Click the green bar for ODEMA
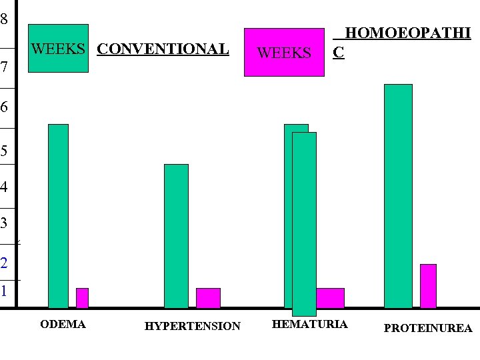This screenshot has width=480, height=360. (x=58, y=216)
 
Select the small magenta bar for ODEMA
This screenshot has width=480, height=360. (x=82, y=298)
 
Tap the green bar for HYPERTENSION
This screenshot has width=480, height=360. (x=176, y=236)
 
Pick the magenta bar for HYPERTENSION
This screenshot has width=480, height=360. (x=208, y=298)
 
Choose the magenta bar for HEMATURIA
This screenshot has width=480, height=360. (x=330, y=298)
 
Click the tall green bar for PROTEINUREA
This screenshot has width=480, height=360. (x=398, y=196)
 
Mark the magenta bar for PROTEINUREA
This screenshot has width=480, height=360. (x=428, y=286)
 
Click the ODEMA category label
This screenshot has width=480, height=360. (x=63, y=325)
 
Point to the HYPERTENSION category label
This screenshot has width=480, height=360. (x=192, y=326)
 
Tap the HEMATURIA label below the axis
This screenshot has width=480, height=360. (x=309, y=324)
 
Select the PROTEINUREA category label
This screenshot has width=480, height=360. (x=428, y=328)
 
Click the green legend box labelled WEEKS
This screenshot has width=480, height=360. (x=58, y=48)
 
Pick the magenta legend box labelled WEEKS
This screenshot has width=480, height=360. (x=284, y=52)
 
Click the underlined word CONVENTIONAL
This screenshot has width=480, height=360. (x=163, y=49)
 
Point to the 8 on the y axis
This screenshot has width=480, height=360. (x=4, y=19)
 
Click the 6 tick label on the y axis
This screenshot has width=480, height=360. (x=4, y=107)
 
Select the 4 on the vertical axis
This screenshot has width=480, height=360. (x=4, y=187)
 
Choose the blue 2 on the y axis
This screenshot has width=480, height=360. (x=4, y=263)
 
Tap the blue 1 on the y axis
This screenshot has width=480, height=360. (x=4, y=291)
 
